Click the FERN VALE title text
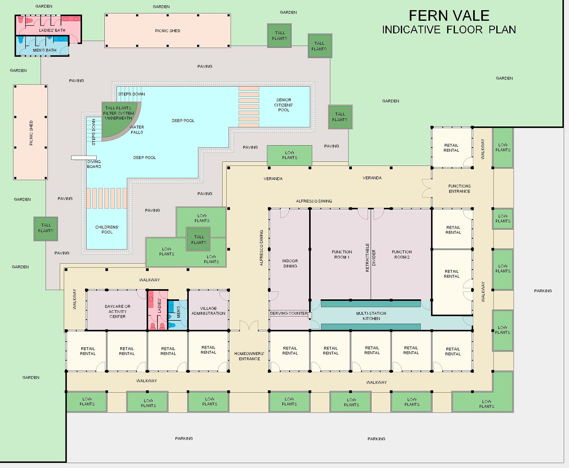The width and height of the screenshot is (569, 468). [449, 16]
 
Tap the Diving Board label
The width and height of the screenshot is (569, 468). [94, 164]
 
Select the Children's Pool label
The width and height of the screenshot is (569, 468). [107, 229]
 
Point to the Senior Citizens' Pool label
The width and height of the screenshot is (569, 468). [283, 105]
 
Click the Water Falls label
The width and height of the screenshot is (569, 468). [137, 130]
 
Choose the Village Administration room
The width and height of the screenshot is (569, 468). [208, 310]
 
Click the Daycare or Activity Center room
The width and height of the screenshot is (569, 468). [117, 310]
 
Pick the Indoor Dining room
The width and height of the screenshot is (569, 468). [290, 259]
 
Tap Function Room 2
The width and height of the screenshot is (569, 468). [401, 254]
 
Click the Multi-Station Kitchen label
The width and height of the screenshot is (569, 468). [371, 316]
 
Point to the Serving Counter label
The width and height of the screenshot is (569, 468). [289, 313]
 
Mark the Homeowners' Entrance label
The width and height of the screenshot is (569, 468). [249, 356]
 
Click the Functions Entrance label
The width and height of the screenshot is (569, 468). [459, 189]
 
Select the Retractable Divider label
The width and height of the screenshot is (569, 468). [370, 257]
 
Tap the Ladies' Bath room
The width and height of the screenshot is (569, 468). [49, 26]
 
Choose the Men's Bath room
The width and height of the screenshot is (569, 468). [42, 46]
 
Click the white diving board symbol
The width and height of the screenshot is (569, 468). [84, 157]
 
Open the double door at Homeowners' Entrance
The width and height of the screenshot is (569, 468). [249, 325]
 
